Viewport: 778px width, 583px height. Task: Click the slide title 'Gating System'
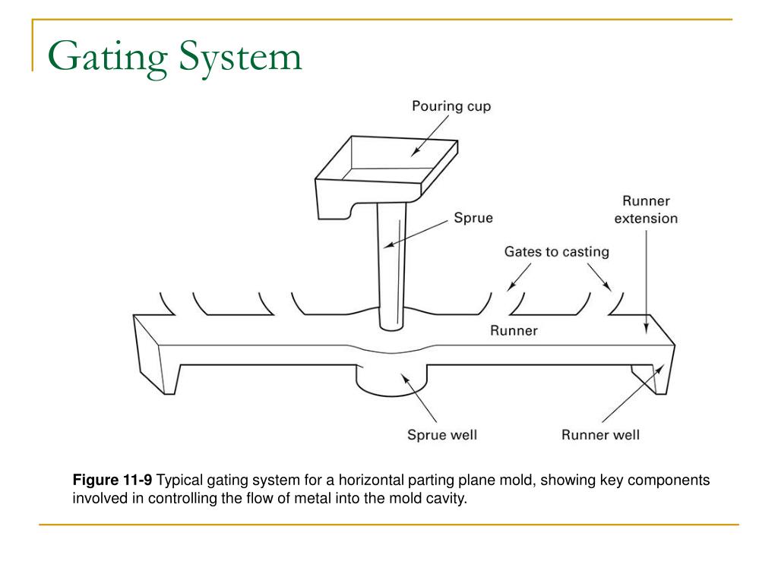coord(175,58)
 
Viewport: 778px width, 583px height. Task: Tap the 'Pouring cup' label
coord(451,106)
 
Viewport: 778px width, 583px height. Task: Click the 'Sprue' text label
coord(473,218)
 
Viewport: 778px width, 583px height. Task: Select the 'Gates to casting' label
coord(556,251)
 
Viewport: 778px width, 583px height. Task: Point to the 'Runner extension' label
coord(646,210)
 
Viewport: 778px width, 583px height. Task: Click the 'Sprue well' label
coord(441,435)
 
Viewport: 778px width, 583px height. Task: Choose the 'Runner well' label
coord(600,435)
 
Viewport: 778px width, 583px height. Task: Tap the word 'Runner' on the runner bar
coord(514,331)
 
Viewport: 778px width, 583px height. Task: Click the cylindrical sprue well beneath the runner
coord(391,380)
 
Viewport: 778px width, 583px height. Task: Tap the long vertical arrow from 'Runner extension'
coord(646,281)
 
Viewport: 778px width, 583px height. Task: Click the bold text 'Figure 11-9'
coord(112,481)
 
